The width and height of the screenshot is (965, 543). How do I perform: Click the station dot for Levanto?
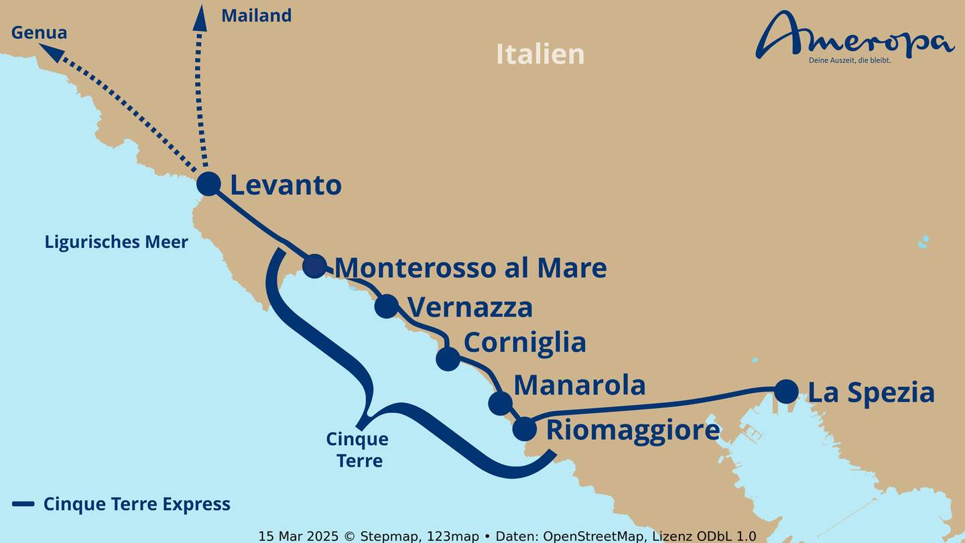pos(208,183)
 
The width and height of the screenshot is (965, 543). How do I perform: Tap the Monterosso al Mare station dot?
pos(314,265)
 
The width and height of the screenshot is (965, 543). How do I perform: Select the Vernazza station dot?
pos(387,306)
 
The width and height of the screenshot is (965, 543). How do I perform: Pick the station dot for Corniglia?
pos(448,358)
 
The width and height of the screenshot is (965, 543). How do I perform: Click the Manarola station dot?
pos(500,403)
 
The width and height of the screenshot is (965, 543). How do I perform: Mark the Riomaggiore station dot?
pos(525,429)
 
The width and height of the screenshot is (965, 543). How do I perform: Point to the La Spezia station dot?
pos(786,391)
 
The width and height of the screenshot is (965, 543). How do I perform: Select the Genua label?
pos(40,32)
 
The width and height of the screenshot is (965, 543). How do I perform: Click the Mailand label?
pos(256,15)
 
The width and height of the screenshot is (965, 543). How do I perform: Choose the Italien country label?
pos(540,54)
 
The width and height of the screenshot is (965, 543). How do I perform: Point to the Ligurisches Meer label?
pos(116,242)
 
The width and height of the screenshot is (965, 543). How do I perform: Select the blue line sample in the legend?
pos(23,504)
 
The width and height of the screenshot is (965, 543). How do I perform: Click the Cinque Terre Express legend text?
pos(137,504)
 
